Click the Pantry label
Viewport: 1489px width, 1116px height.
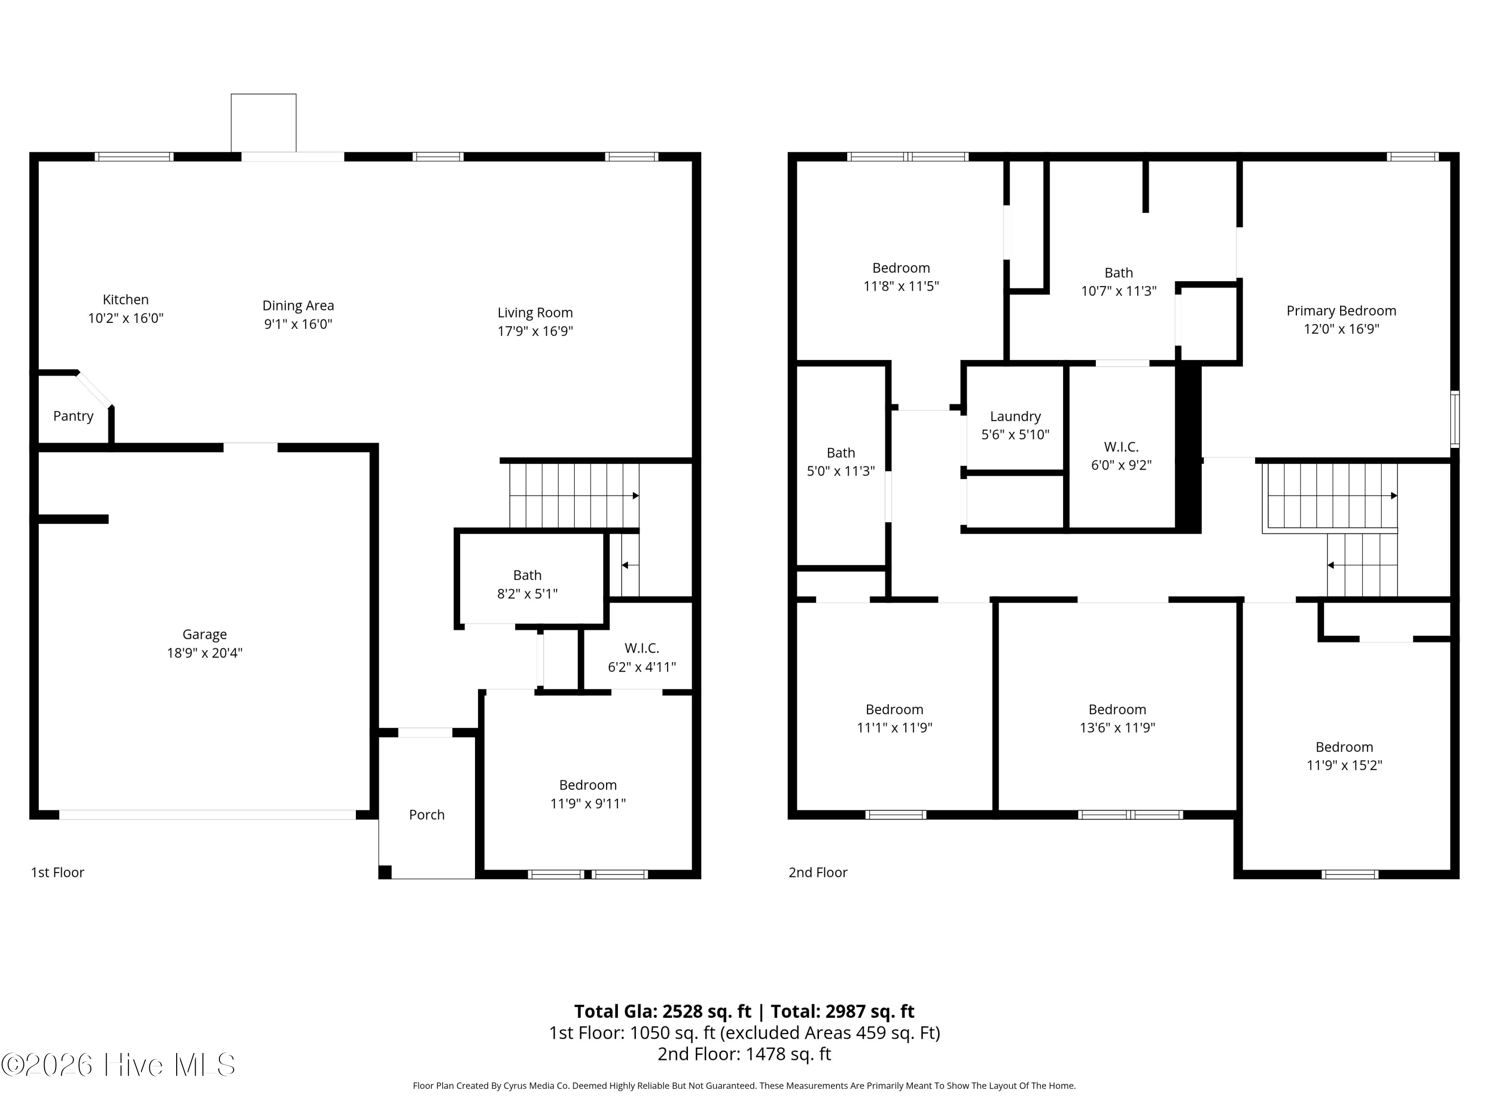[x=73, y=416]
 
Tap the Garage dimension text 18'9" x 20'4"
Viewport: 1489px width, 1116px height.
[x=204, y=653]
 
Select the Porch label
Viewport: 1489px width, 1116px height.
[x=427, y=814]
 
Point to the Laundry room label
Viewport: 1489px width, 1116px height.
[x=1015, y=417]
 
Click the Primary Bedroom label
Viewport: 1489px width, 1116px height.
[x=1341, y=311]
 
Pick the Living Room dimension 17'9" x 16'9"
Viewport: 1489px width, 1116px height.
[x=535, y=331]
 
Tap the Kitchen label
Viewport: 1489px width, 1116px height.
[x=126, y=300]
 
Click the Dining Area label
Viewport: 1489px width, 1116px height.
[x=298, y=306]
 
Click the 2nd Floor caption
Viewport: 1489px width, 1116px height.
[x=818, y=872]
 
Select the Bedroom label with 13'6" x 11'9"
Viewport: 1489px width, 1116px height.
[x=1117, y=710]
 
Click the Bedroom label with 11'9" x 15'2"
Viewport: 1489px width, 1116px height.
[x=1344, y=747]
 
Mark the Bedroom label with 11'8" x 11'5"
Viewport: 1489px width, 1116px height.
[x=901, y=268]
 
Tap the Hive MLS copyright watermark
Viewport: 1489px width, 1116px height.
[x=119, y=1065]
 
